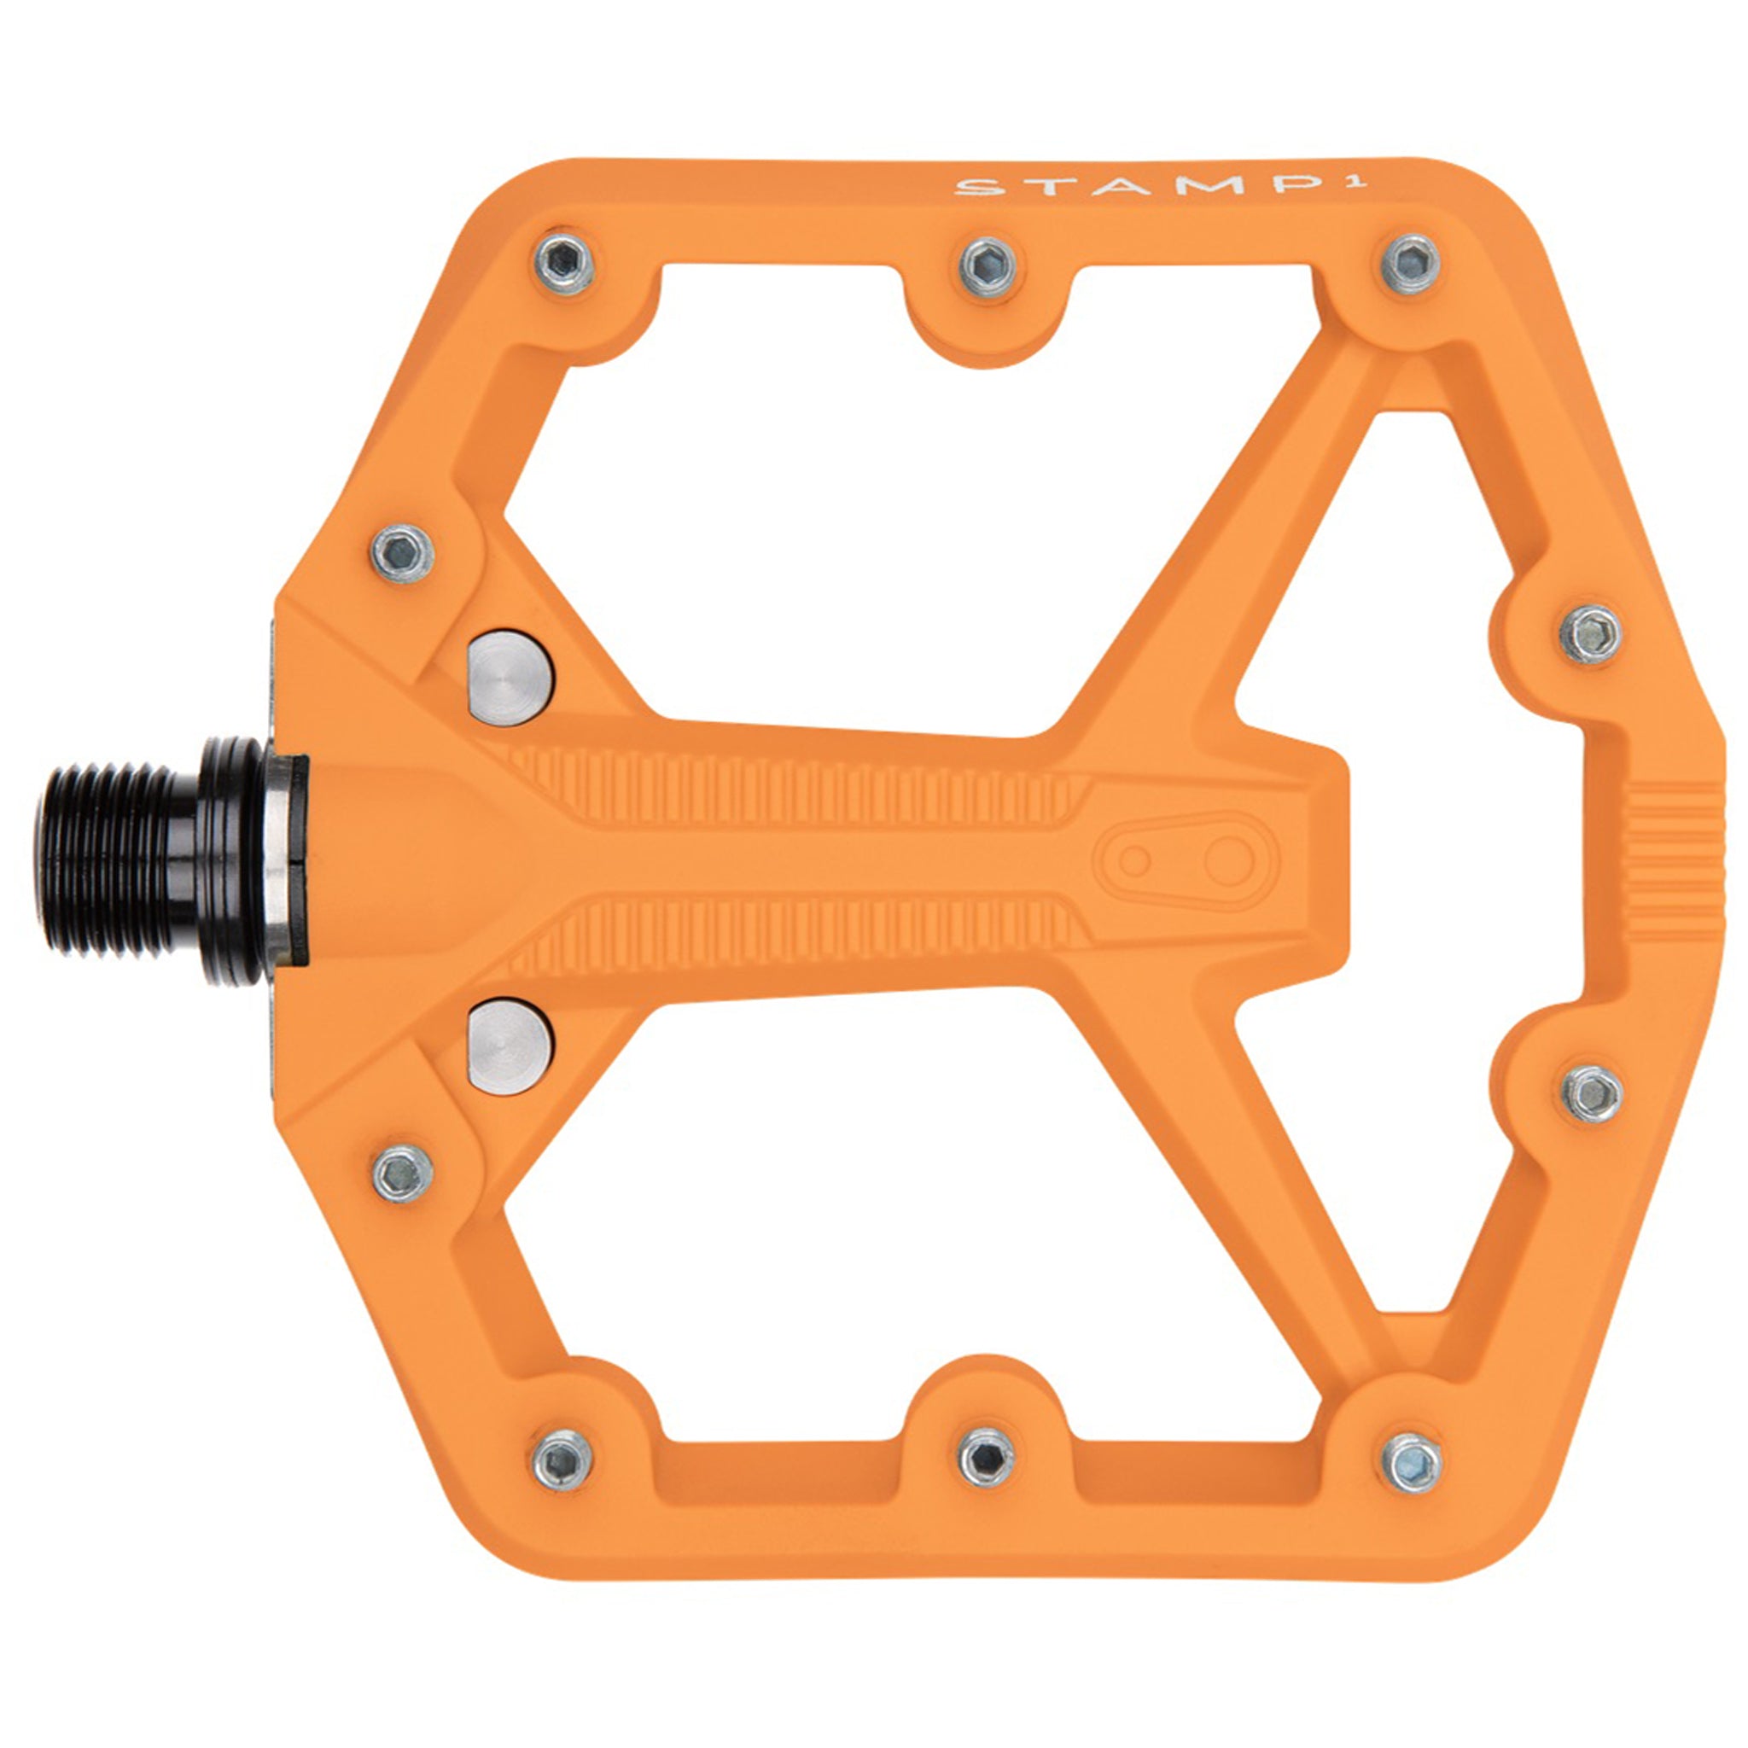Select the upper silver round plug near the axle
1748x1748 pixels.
pyautogui.click(x=510, y=678)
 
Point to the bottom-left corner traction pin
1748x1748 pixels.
pyautogui.click(x=562, y=1460)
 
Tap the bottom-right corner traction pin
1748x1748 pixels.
pyautogui.click(x=1412, y=1462)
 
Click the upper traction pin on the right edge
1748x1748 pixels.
pyautogui.click(x=1592, y=634)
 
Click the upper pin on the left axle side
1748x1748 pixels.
pyautogui.click(x=403, y=553)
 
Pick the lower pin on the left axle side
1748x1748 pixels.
pyautogui.click(x=403, y=1174)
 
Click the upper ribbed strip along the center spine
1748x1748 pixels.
pyautogui.click(x=796, y=783)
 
